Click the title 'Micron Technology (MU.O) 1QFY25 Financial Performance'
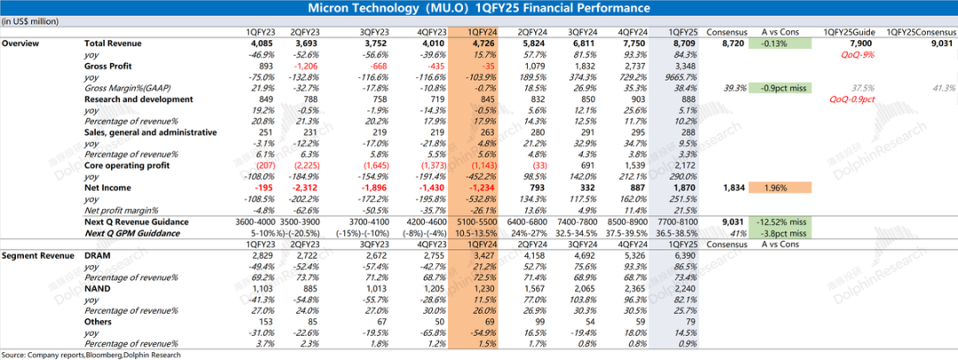478,8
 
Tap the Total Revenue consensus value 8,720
733,43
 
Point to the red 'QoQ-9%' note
852,54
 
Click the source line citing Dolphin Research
90,355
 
